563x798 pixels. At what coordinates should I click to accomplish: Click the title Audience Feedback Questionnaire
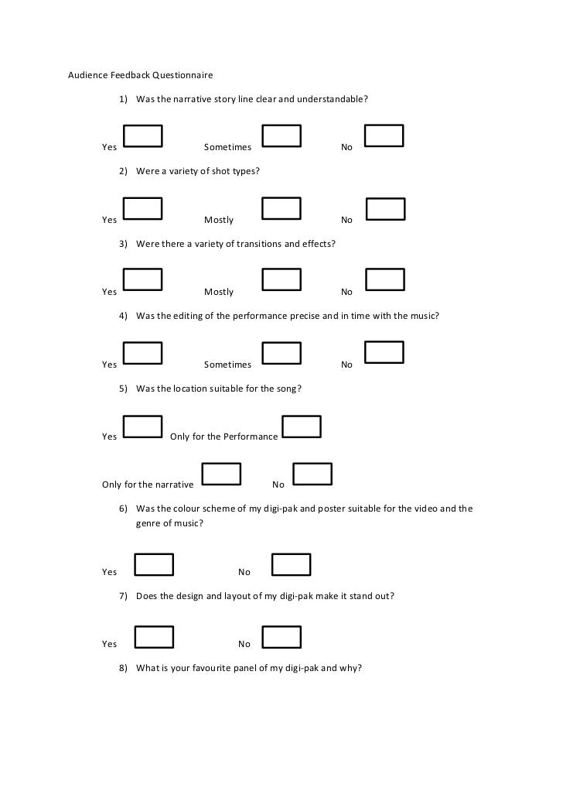click(140, 75)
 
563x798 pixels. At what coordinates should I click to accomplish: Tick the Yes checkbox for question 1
click(143, 136)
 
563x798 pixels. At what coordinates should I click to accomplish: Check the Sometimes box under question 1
click(281, 136)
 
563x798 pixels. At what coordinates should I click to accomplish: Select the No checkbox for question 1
click(384, 136)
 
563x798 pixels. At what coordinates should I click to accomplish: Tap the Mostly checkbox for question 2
click(281, 209)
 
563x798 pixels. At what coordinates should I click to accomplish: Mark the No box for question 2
click(385, 209)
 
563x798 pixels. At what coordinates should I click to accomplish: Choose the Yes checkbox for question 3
click(143, 280)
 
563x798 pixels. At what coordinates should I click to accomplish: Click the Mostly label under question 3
click(219, 292)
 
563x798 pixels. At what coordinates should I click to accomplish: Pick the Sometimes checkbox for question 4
click(281, 353)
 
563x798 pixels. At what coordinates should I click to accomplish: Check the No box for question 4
click(384, 353)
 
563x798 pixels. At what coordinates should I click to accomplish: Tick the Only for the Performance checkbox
click(302, 426)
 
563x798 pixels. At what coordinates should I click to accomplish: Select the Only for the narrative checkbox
click(221, 474)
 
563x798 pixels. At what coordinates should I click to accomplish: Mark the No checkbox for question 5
click(312, 474)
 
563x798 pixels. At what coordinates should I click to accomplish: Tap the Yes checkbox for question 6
click(154, 565)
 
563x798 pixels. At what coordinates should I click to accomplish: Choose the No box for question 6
click(292, 565)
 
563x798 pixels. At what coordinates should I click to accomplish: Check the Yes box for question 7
click(154, 637)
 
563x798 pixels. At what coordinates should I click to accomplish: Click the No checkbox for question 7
click(281, 637)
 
